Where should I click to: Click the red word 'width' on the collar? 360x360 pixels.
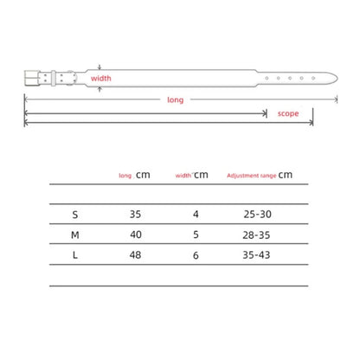point(100,78)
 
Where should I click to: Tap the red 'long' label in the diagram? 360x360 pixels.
point(176,100)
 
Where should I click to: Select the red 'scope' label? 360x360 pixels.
point(288,113)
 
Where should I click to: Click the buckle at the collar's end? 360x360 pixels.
point(32,78)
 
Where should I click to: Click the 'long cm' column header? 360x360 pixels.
point(134,175)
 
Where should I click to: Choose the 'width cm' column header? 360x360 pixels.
point(191,175)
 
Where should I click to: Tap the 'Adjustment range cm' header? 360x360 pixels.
point(260,175)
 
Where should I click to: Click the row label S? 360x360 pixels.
point(75,215)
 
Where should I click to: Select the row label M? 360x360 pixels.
point(75,235)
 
